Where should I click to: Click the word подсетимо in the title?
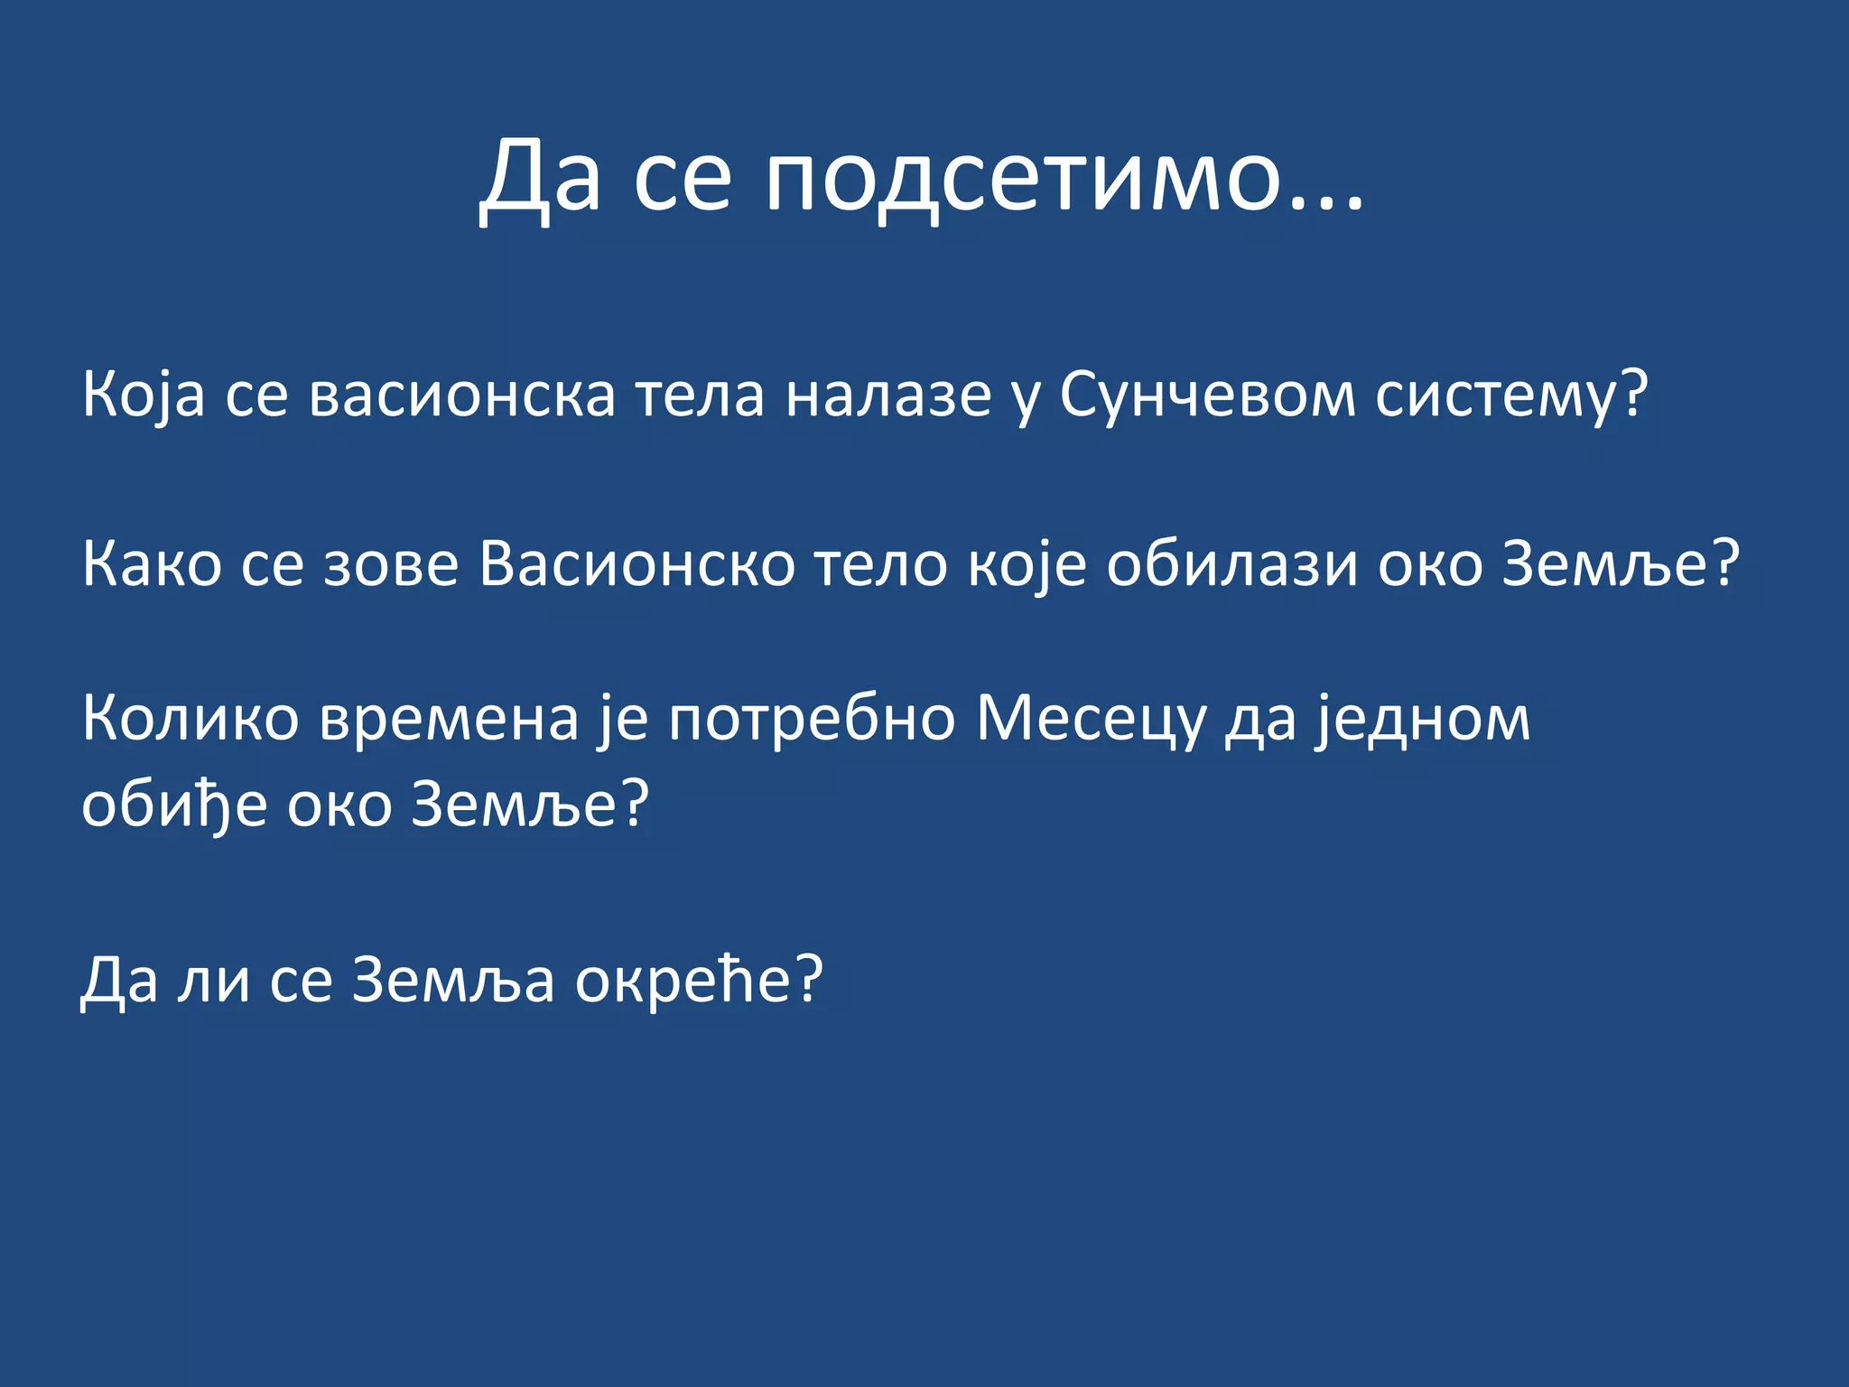[1024, 177]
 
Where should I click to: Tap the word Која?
[144, 395]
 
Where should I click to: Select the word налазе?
[888, 395]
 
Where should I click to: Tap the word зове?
[391, 564]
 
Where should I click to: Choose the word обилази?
[1232, 564]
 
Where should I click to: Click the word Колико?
[190, 719]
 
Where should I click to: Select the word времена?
[449, 719]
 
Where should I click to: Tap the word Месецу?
[1091, 719]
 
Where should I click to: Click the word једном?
[1422, 719]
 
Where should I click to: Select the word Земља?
[452, 980]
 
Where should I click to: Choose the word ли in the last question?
[213, 980]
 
